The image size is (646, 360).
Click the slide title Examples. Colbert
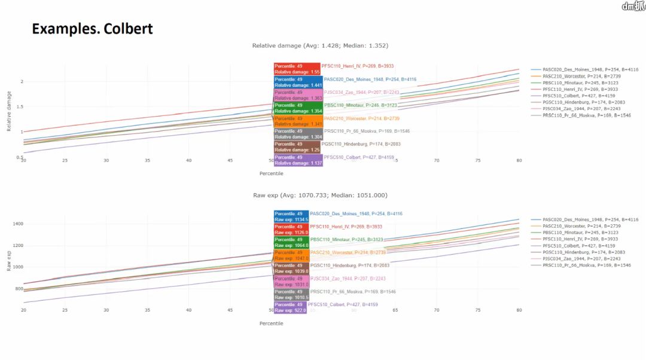pos(92,29)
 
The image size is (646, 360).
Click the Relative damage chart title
pos(321,45)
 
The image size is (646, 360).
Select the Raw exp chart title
pos(321,196)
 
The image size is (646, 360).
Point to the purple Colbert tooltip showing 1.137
pos(297,160)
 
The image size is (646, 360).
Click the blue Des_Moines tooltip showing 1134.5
pos(291,216)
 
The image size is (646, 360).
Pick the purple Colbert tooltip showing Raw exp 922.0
pos(290,307)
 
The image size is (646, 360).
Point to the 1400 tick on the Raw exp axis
pos(18,224)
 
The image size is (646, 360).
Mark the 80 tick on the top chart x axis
pos(519,160)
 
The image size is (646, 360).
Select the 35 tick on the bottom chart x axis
pos(148,310)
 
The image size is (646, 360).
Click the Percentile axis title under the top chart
pos(272,173)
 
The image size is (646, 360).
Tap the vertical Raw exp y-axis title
pos(9,261)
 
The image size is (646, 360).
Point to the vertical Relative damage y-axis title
pos(9,111)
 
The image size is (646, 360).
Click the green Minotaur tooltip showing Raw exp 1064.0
pos(291,242)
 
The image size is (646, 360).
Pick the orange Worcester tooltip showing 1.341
pos(297,121)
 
